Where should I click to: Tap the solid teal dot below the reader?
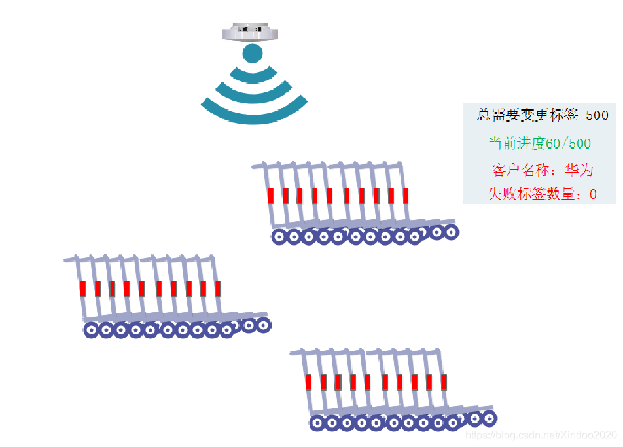(x=253, y=54)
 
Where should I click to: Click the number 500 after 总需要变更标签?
(x=597, y=116)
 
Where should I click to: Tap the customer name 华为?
(x=579, y=171)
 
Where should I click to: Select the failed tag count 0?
(x=593, y=194)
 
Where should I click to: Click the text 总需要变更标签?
(x=527, y=116)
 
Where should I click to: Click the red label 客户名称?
(x=520, y=171)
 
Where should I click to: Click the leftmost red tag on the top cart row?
(x=270, y=195)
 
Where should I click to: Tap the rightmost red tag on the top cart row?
(x=406, y=195)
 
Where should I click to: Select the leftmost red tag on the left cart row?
(x=83, y=289)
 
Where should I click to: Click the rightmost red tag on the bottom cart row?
(x=444, y=382)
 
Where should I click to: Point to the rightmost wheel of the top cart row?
(x=451, y=231)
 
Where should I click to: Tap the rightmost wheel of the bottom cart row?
(x=489, y=418)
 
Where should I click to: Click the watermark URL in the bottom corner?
(x=540, y=435)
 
